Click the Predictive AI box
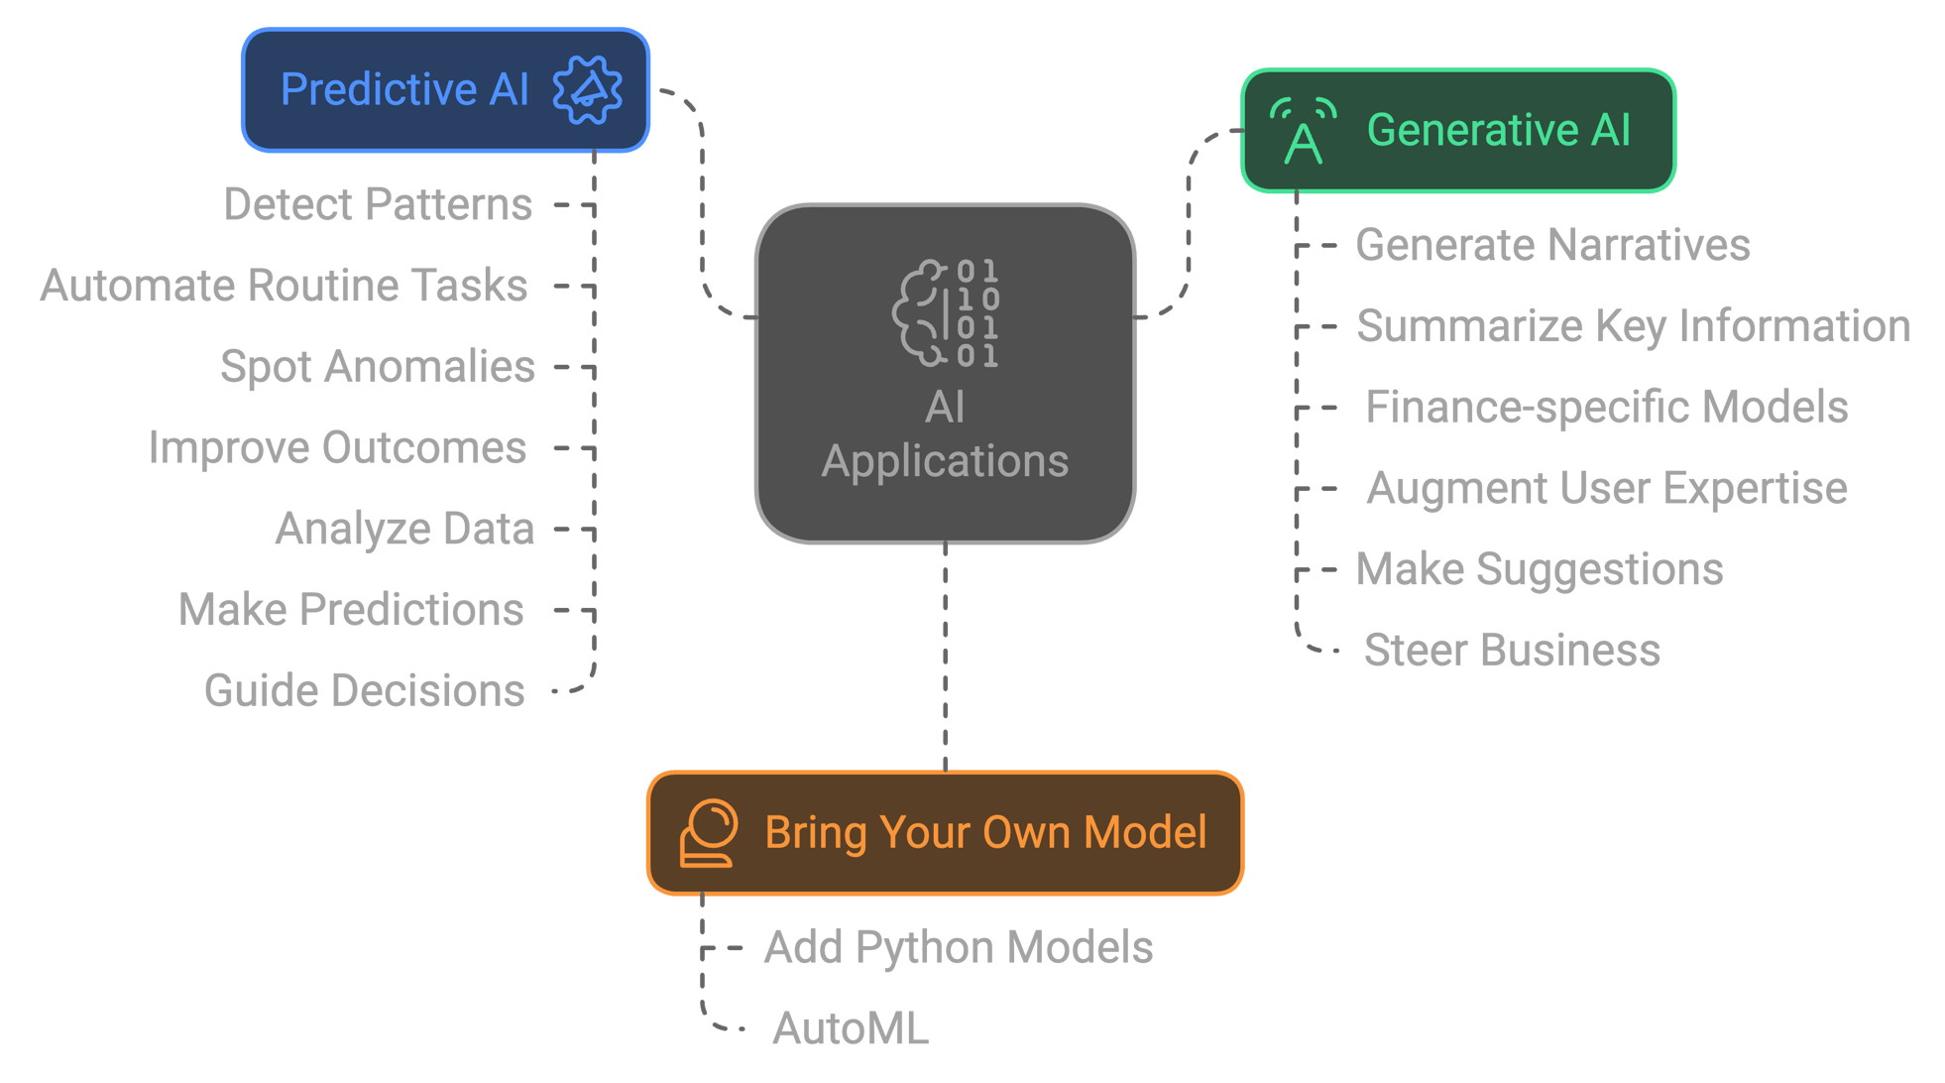tap(445, 90)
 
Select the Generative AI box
tap(1457, 131)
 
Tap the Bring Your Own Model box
tap(944, 833)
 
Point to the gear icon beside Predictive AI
tap(588, 90)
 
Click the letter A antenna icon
tap(1303, 132)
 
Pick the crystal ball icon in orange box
tap(708, 833)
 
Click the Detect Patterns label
tap(378, 205)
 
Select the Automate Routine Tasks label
tap(284, 287)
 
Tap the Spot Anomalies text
tap(377, 367)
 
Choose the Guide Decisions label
tap(364, 691)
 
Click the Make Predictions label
tap(351, 610)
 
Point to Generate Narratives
tap(1551, 246)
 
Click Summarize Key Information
tap(1632, 327)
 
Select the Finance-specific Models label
tap(1605, 408)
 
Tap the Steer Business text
tap(1511, 651)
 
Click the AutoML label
tap(851, 1028)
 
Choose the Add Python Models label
tap(958, 948)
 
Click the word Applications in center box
tap(945, 462)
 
